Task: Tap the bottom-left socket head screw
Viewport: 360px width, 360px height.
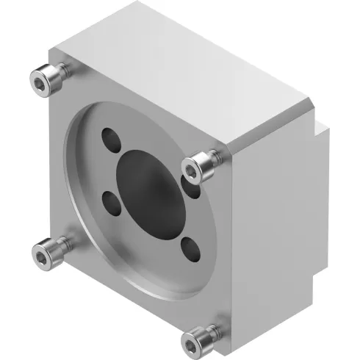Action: point(47,253)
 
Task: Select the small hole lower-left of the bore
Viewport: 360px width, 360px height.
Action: point(109,203)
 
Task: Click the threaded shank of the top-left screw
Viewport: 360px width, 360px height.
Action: point(62,70)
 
